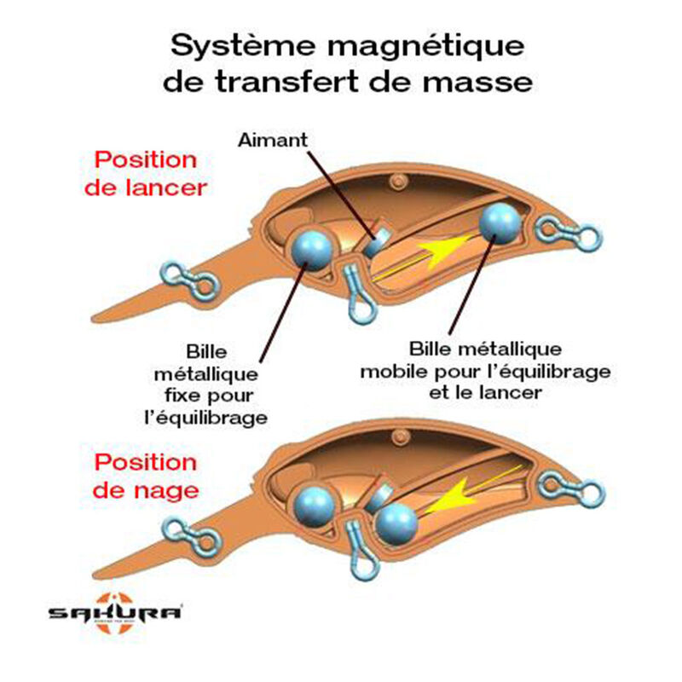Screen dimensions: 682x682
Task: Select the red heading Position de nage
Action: [x=145, y=477]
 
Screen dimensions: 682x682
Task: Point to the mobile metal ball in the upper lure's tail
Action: [x=500, y=223]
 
